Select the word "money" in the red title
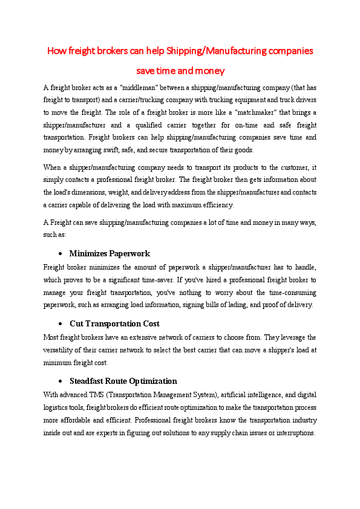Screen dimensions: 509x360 click(211, 71)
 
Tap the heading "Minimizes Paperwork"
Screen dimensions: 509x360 click(110, 253)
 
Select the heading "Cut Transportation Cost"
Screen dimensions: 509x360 click(114, 323)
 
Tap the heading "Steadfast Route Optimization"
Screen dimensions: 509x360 click(123, 381)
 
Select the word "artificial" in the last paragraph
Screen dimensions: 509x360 click(235, 395)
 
